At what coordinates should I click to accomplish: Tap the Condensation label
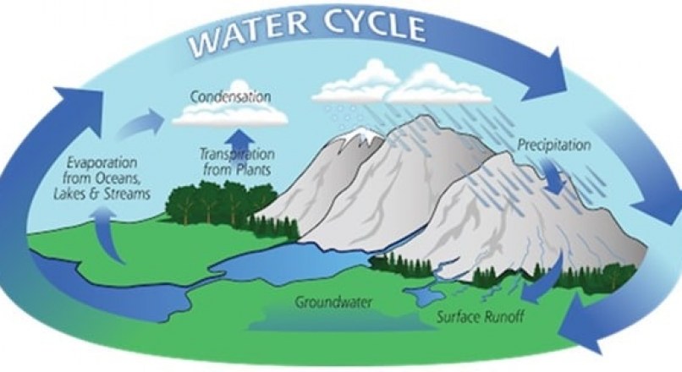(x=230, y=96)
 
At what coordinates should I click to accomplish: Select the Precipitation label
(x=553, y=145)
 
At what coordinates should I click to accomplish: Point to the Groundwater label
(x=333, y=301)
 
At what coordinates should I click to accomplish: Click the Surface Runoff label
(x=480, y=316)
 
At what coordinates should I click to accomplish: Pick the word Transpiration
(x=237, y=154)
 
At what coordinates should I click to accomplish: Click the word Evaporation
(x=102, y=163)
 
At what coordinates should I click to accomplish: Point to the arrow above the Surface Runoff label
(x=544, y=281)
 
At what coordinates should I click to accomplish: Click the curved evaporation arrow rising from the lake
(x=109, y=235)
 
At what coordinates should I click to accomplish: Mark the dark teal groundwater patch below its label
(x=344, y=320)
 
